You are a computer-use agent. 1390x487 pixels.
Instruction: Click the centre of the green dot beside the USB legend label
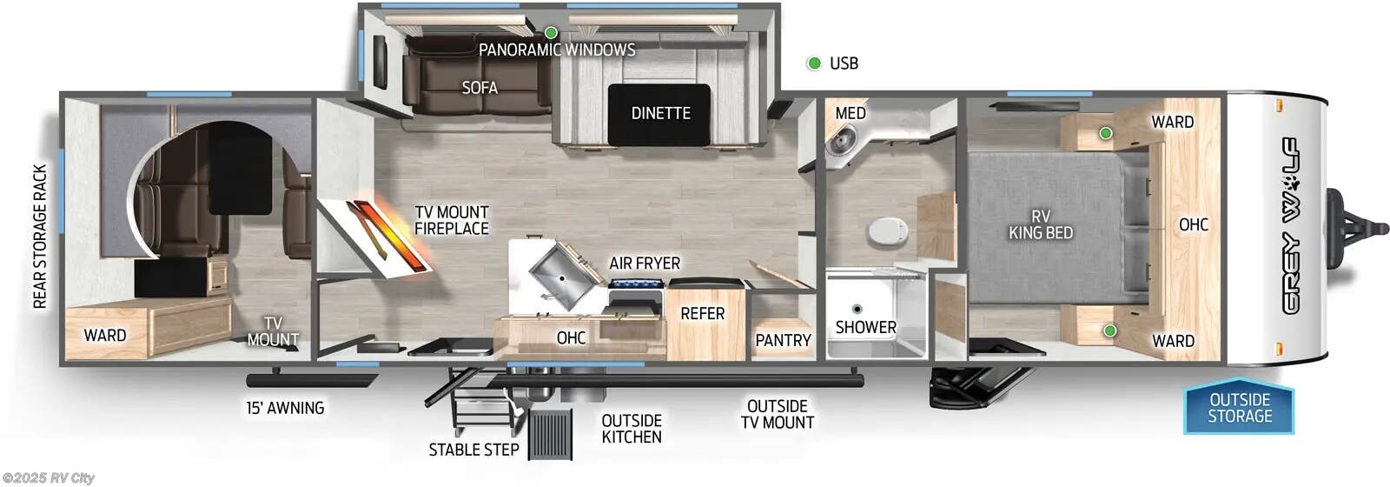(813, 63)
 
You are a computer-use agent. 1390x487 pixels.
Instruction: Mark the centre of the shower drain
(857, 309)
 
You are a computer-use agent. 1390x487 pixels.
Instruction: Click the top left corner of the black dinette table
(609, 85)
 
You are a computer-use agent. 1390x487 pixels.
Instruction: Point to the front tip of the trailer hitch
(1387, 229)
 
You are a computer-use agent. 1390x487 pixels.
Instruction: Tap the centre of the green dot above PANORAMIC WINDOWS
(551, 32)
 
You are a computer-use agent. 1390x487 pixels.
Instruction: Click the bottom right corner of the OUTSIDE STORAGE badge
(1294, 433)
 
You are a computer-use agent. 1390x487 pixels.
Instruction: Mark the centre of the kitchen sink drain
(561, 279)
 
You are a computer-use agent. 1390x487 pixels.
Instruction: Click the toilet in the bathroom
(888, 231)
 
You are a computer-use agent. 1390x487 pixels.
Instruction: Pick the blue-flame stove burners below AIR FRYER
(638, 284)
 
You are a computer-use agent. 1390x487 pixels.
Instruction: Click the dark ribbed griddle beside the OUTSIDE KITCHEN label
(550, 434)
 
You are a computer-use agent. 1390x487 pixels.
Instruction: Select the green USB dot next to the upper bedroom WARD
(1105, 133)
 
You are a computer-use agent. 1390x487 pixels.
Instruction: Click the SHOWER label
(865, 327)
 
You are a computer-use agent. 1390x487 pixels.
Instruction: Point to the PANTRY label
(783, 340)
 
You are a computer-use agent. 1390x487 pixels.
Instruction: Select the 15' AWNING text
(286, 408)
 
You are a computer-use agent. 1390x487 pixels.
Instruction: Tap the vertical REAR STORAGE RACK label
(40, 237)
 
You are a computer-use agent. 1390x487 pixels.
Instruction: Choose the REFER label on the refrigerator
(703, 314)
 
